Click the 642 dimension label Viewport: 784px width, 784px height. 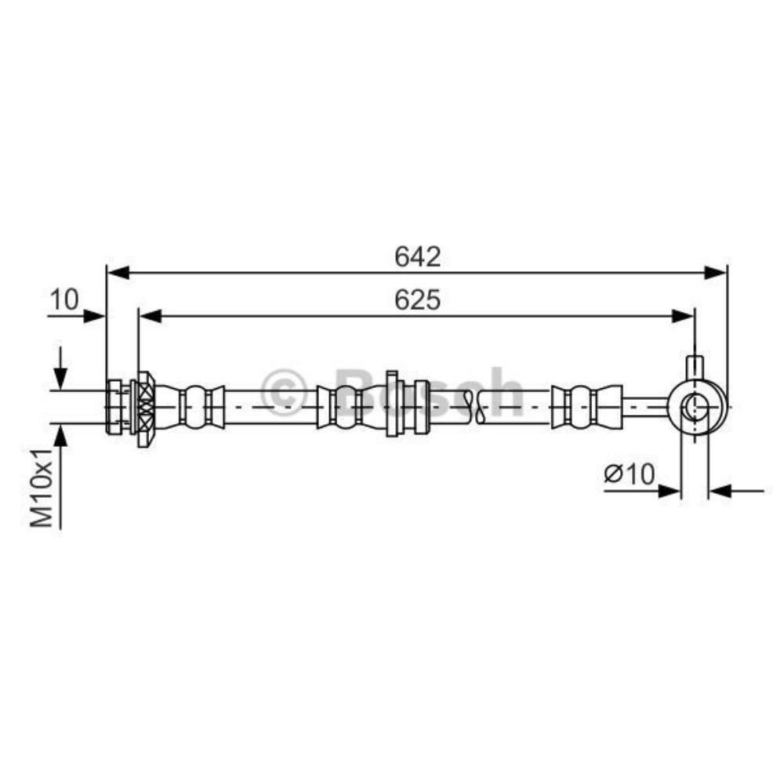(418, 257)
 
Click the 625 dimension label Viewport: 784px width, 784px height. (418, 300)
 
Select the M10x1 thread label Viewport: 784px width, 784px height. (42, 488)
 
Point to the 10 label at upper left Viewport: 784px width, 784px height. (64, 300)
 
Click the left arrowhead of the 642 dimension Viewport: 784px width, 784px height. (119, 273)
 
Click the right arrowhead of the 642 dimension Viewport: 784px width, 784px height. (714, 273)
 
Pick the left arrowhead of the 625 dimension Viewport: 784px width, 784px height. (151, 316)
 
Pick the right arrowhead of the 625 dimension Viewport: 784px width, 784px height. (683, 316)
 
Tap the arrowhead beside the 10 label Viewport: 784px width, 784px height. (93, 316)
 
